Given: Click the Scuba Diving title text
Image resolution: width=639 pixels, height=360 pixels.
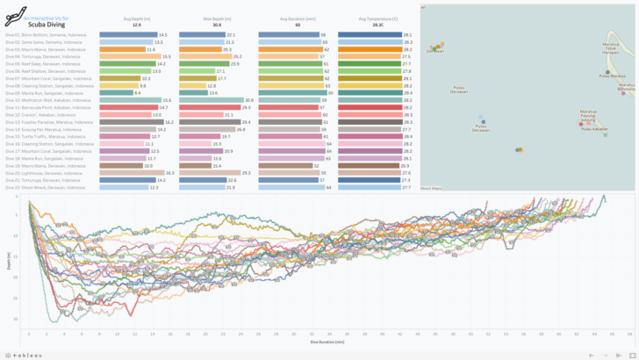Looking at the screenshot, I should [48, 25].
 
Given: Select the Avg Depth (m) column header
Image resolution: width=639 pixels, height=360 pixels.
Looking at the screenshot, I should [136, 18].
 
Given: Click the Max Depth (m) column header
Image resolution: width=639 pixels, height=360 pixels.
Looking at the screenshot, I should [216, 18].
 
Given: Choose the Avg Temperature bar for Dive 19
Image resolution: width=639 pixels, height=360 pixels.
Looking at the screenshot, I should [369, 166].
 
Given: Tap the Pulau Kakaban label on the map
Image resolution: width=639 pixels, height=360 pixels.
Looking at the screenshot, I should [594, 129].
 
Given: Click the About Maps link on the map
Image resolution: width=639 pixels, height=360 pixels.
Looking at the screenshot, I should [430, 188].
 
